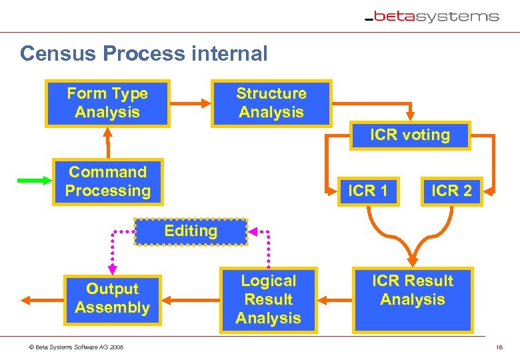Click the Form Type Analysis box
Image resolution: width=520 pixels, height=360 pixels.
(x=107, y=103)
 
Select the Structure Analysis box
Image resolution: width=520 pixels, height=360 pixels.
(x=271, y=103)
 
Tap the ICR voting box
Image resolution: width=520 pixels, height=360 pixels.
(x=410, y=135)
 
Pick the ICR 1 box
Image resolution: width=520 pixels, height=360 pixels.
(x=368, y=191)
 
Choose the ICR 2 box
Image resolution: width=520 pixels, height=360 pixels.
(x=451, y=191)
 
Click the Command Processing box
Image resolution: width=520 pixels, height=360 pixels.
(x=107, y=181)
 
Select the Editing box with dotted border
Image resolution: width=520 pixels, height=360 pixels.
(x=191, y=231)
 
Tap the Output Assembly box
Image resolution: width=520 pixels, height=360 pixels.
(x=112, y=299)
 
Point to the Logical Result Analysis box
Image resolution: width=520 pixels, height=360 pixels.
(x=268, y=299)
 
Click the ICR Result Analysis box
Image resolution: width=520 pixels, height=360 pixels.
(x=413, y=299)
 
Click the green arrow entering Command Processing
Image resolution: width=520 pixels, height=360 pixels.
(x=33, y=180)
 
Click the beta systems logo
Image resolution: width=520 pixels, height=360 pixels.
(x=432, y=17)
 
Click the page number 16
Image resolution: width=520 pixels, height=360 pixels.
(x=499, y=347)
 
